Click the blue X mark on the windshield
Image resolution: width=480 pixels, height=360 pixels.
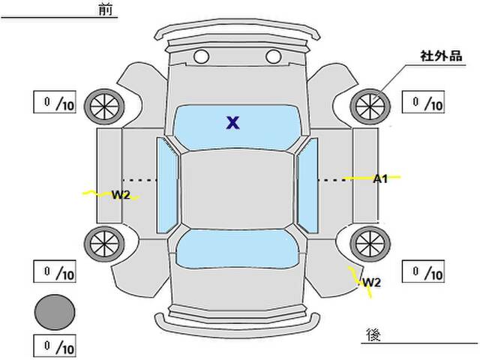(233, 123)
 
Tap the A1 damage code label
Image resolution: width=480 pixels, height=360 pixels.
(380, 178)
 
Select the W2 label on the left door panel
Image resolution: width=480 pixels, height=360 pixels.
(121, 194)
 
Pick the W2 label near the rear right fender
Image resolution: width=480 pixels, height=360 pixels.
(372, 282)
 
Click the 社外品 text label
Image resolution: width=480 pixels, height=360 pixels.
(441, 56)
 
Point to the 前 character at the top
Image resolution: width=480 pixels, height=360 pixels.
(106, 9)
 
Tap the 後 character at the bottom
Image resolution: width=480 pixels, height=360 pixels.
(373, 334)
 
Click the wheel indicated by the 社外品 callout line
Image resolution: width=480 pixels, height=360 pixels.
(370, 106)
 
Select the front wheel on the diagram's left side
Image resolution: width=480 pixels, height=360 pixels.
(104, 106)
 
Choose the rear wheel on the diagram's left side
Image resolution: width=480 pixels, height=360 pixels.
(104, 244)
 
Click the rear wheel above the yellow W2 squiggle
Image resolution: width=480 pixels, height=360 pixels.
(370, 244)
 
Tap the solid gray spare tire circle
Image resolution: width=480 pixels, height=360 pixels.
(55, 312)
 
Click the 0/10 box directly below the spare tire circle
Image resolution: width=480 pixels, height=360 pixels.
(55, 346)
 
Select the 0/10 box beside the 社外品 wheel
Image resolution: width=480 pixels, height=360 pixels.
(423, 102)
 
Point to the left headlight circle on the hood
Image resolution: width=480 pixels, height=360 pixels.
(201, 57)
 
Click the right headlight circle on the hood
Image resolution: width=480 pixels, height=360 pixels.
(273, 57)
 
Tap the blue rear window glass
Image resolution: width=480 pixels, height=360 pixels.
(237, 248)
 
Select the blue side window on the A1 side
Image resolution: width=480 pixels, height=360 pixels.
(307, 185)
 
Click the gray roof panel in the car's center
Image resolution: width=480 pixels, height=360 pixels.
(237, 190)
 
